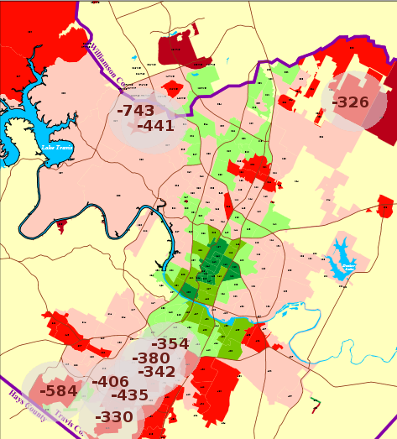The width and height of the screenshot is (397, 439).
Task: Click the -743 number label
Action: (135, 110)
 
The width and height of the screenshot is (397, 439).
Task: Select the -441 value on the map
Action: (155, 126)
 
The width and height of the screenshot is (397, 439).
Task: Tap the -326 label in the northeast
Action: (350, 102)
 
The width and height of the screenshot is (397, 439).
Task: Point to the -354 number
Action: (170, 344)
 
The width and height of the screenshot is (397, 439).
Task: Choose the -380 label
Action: (150, 358)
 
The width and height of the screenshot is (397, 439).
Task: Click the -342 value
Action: (156, 372)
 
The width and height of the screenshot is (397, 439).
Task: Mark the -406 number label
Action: (110, 383)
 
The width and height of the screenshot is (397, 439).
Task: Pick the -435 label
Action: (129, 395)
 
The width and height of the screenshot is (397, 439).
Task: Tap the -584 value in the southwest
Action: (58, 391)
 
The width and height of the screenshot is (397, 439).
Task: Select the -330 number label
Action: (114, 417)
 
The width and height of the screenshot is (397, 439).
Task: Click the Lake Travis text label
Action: (57, 148)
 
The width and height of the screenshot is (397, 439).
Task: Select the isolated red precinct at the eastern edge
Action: (384, 206)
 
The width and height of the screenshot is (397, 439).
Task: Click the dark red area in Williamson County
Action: (177, 49)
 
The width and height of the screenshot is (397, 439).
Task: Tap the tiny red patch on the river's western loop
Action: (61, 225)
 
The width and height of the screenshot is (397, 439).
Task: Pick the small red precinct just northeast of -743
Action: (174, 89)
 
